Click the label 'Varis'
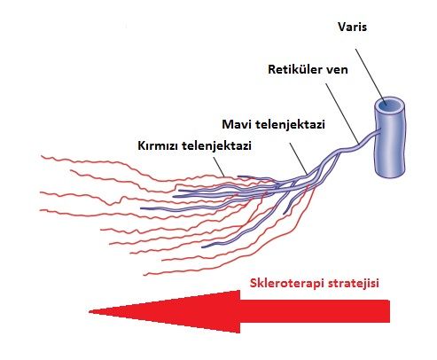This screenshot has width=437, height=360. tap(352, 27)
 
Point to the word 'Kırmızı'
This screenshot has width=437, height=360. tap(158, 145)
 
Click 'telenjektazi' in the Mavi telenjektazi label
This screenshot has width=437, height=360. tap(290, 125)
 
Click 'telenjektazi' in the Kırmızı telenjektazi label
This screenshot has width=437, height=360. tap(216, 146)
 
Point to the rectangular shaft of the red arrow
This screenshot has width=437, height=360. tap(315, 311)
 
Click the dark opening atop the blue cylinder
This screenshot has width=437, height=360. tap(389, 105)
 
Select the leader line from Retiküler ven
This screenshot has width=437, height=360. tap(342, 113)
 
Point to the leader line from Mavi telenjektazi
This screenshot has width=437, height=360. tap(299, 158)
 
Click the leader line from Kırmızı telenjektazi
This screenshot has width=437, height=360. tap(219, 167)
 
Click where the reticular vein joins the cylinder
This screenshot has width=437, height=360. tap(379, 130)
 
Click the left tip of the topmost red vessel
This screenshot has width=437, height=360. tap(42, 156)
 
